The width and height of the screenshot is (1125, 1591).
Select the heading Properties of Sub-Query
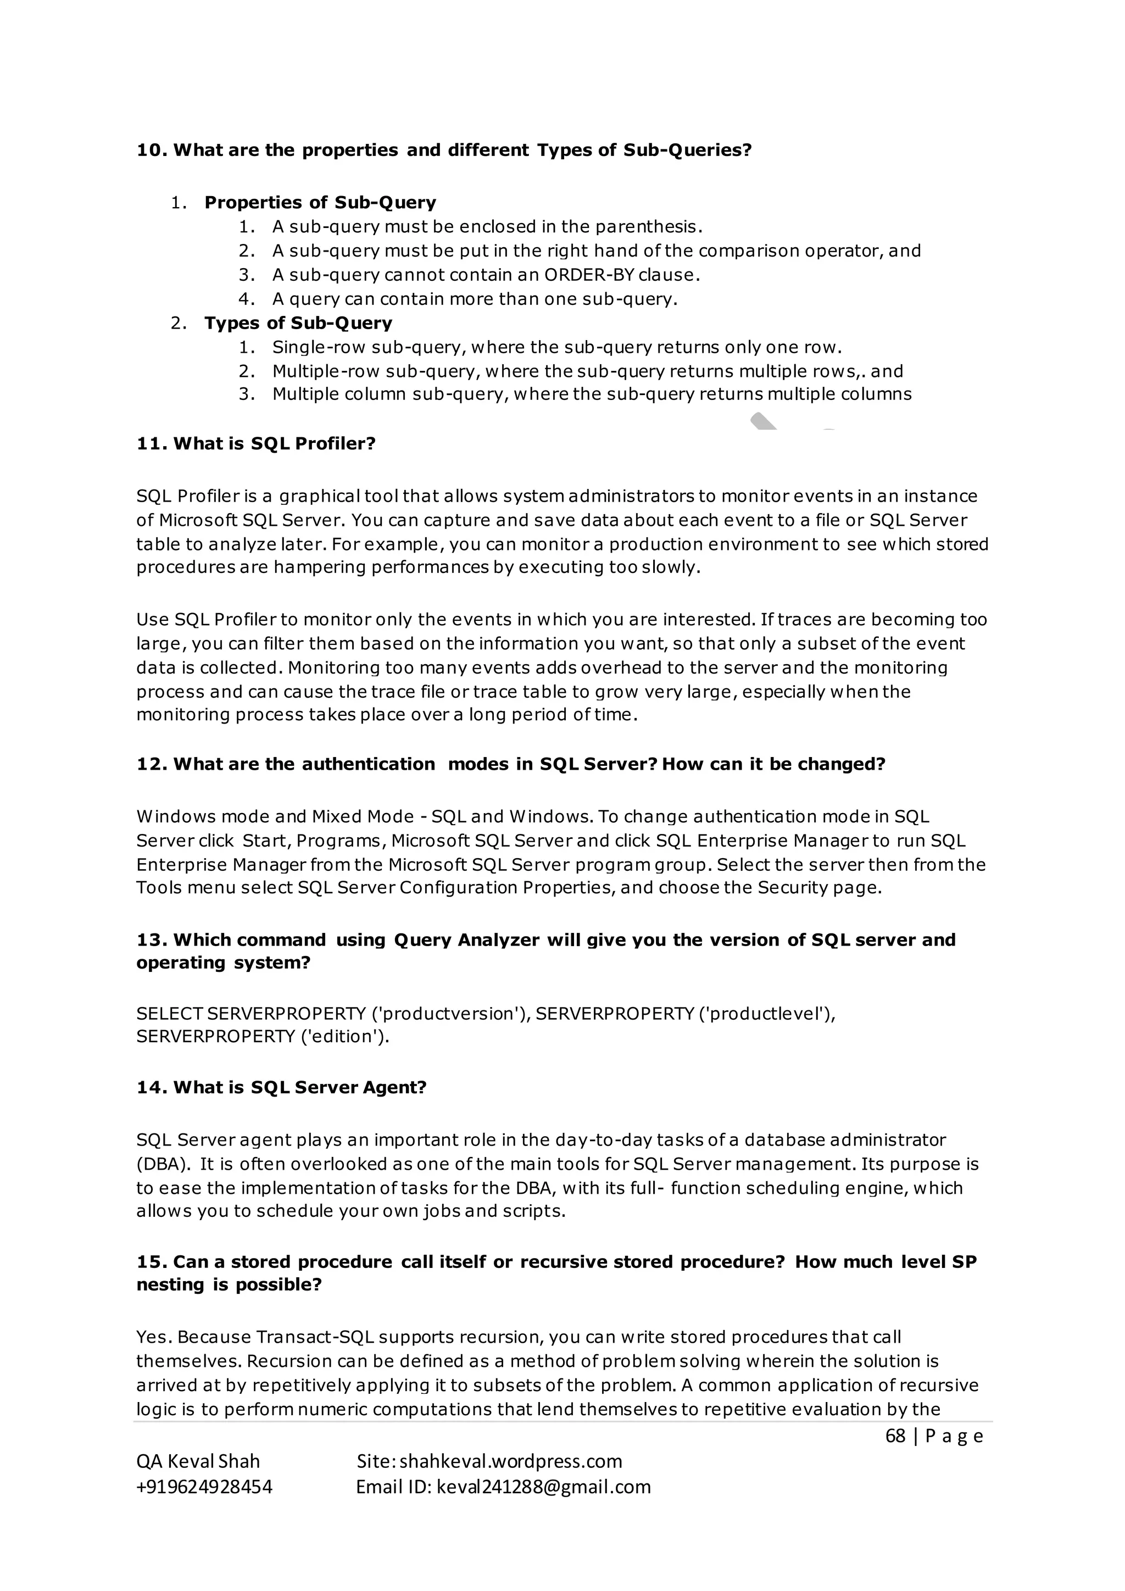click(x=320, y=203)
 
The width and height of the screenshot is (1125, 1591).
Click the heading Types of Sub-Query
click(x=298, y=324)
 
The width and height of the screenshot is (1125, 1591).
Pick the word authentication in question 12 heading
click(x=368, y=764)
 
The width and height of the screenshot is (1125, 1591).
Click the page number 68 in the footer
click(x=895, y=1437)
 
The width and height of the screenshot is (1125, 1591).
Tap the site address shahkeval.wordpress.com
click(x=510, y=1462)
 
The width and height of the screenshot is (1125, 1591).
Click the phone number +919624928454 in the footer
click(x=204, y=1488)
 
